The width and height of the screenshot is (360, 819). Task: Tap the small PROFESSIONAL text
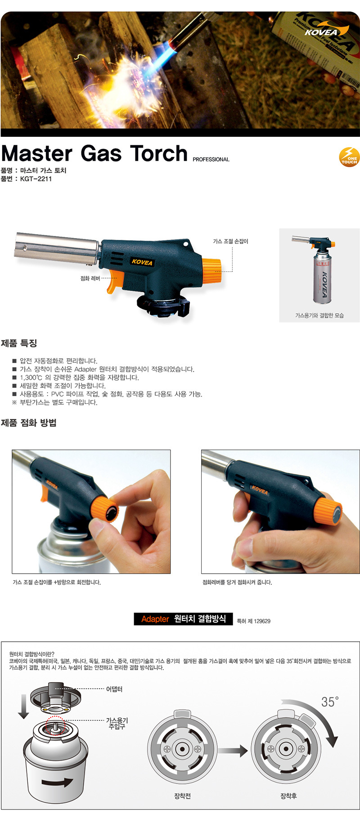(211, 159)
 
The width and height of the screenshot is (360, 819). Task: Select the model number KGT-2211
(36, 179)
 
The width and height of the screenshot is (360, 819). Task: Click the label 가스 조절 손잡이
(230, 242)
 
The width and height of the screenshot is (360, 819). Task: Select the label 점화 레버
(90, 279)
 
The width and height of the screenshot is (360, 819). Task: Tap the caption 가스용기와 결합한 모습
(319, 315)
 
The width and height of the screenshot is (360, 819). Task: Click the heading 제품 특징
(19, 343)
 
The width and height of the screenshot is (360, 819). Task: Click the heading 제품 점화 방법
(29, 423)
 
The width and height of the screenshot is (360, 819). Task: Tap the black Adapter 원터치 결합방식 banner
(184, 619)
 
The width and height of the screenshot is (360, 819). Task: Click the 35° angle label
(330, 702)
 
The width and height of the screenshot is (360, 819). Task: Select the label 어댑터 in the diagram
(114, 689)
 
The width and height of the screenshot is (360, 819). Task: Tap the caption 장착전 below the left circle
(182, 796)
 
